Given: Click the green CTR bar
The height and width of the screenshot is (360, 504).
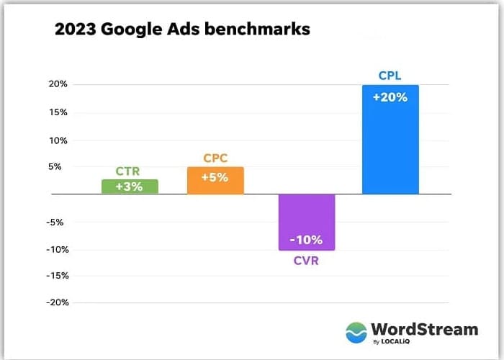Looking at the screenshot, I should [130, 186].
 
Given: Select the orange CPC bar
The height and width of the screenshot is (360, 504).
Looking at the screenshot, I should [215, 181].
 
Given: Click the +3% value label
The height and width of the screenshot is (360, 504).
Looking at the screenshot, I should [130, 186].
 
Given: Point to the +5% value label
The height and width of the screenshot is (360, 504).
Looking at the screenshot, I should [215, 176].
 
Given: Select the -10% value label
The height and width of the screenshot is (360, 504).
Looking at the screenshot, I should [307, 240].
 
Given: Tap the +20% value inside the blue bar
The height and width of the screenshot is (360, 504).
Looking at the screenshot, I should [390, 96].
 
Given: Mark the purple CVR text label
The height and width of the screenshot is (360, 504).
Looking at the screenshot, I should [306, 261].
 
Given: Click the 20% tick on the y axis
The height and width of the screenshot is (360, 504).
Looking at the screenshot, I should [58, 84].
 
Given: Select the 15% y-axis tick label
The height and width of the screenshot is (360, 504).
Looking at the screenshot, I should [58, 112].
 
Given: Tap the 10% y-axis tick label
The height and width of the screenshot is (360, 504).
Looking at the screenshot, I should [58, 140].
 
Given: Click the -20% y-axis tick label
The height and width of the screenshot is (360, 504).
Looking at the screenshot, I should [56, 302].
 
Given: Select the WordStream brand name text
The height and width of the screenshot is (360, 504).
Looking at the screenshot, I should [424, 329].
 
